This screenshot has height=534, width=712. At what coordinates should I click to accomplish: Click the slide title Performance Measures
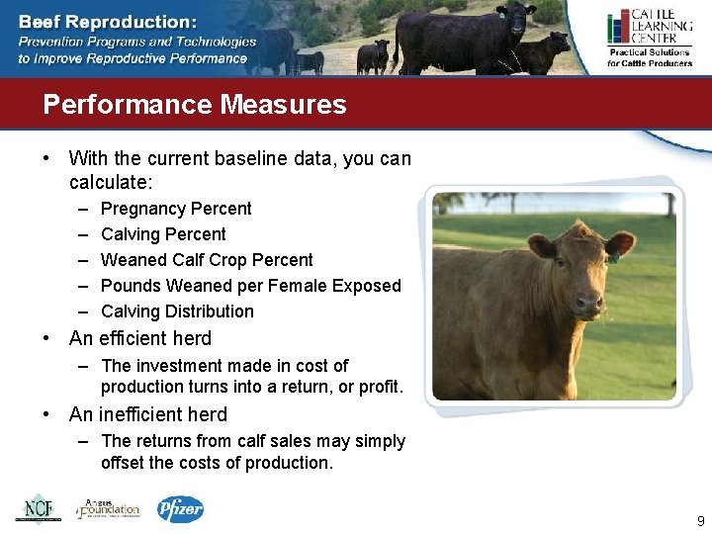pyautogui.click(x=195, y=105)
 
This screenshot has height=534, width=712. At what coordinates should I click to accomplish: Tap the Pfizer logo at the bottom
pyautogui.click(x=180, y=508)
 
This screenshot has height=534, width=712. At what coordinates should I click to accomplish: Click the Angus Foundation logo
pyautogui.click(x=109, y=508)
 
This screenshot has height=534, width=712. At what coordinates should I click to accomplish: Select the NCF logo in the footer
pyautogui.click(x=38, y=508)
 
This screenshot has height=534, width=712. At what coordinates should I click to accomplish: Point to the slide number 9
pyautogui.click(x=700, y=521)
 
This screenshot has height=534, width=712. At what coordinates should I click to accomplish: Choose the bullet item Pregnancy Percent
pyautogui.click(x=176, y=209)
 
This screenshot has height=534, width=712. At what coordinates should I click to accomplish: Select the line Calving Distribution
pyautogui.click(x=177, y=311)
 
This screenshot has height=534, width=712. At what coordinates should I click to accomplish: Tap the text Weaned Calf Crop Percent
pyautogui.click(x=207, y=260)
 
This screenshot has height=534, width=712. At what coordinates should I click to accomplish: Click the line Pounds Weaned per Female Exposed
pyautogui.click(x=250, y=286)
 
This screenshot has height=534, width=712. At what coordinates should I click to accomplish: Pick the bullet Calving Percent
pyautogui.click(x=163, y=234)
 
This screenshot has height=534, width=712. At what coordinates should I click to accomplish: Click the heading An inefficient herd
pyautogui.click(x=148, y=414)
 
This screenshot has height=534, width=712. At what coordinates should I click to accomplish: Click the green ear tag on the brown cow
pyautogui.click(x=614, y=258)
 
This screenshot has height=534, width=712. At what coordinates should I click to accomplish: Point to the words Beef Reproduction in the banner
pyautogui.click(x=107, y=22)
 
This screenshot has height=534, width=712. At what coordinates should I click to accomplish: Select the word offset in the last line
pyautogui.click(x=123, y=463)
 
